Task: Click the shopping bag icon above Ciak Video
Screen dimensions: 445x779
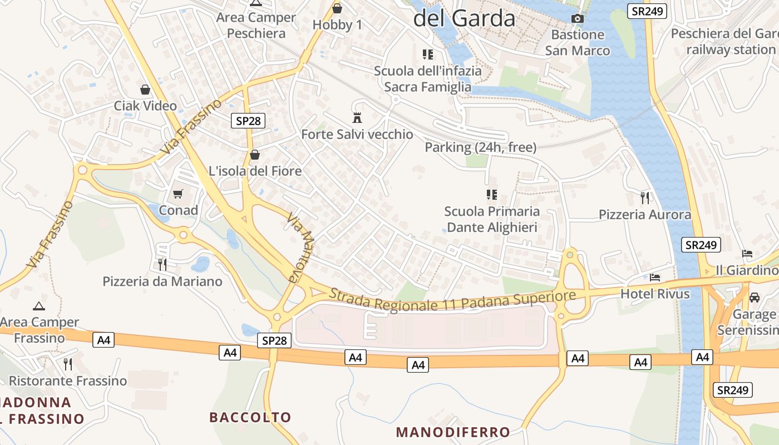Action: (145, 90)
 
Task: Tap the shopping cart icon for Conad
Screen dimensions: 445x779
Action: (178, 194)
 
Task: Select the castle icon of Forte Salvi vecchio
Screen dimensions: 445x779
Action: (357, 118)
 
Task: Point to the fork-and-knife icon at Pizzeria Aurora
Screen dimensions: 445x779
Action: (645, 197)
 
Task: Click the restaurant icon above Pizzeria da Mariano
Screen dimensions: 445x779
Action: (162, 264)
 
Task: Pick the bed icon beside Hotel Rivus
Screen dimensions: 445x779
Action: (655, 277)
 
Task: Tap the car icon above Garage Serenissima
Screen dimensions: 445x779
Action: (755, 298)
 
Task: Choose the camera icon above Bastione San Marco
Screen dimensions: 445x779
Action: (578, 19)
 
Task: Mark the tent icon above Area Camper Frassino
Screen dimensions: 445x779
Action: (38, 305)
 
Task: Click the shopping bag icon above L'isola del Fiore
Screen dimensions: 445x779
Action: (255, 154)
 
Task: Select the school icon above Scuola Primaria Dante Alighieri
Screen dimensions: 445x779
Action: (491, 195)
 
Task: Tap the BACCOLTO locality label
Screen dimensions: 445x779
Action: (250, 417)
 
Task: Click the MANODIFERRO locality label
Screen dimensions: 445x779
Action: (453, 432)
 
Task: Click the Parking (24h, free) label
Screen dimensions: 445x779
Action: (481, 147)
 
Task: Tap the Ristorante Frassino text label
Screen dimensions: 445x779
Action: (68, 381)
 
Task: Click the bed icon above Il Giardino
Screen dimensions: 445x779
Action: (747, 254)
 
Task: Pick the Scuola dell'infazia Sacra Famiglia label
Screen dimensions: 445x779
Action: (427, 79)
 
